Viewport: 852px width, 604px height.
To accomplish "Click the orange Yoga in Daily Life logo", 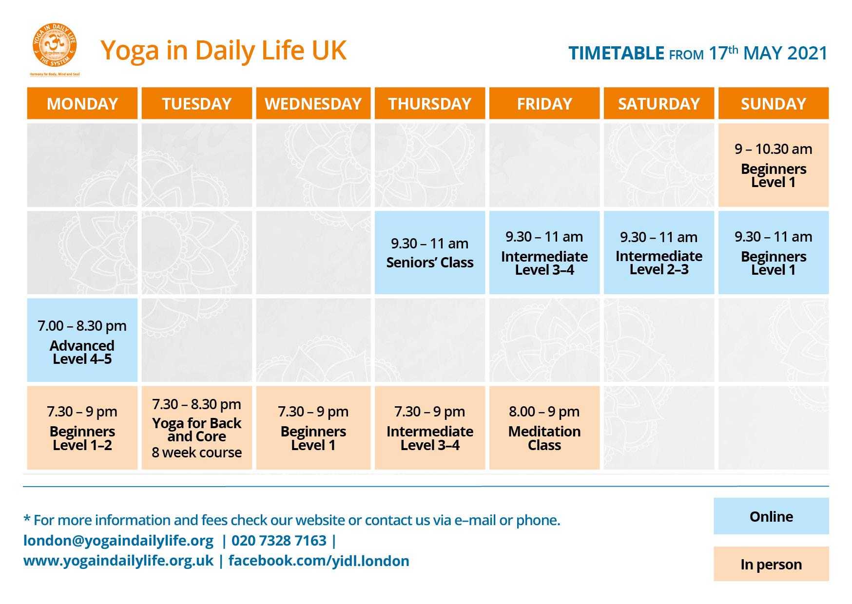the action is coord(55,46).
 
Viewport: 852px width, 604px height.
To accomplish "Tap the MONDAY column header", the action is coord(82,103).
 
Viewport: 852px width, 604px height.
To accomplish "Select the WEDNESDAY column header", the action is coord(313,103).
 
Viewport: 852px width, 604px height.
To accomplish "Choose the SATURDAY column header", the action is coord(659,103).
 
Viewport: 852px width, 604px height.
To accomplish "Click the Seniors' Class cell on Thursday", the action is coord(430,252).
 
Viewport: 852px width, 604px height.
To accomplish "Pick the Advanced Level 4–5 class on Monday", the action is coord(82,340).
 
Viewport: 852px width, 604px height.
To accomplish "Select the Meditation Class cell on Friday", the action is coord(544,428).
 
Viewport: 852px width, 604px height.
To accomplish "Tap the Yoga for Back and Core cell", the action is coord(197,428).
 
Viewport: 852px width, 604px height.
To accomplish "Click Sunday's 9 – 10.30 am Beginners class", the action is coord(774,165).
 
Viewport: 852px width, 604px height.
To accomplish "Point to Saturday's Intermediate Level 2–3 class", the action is coord(659,252).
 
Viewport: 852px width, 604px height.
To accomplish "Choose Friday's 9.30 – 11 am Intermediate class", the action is coord(544,252).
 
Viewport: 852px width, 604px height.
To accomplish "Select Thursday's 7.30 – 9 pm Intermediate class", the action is coord(430,428).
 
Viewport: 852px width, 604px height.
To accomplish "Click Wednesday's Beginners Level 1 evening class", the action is coord(313,428).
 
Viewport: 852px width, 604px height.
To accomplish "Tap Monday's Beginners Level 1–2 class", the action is coord(82,428).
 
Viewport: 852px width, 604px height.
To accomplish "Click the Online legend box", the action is coord(771,516).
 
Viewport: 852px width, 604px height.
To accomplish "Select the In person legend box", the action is coord(771,564).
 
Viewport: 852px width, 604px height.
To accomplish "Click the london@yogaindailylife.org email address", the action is coord(118,541).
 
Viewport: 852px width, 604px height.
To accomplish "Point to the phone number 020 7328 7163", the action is coord(279,541).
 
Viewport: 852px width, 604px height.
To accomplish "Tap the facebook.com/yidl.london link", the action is coord(319,561).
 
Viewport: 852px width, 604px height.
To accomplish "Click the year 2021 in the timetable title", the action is coord(807,53).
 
